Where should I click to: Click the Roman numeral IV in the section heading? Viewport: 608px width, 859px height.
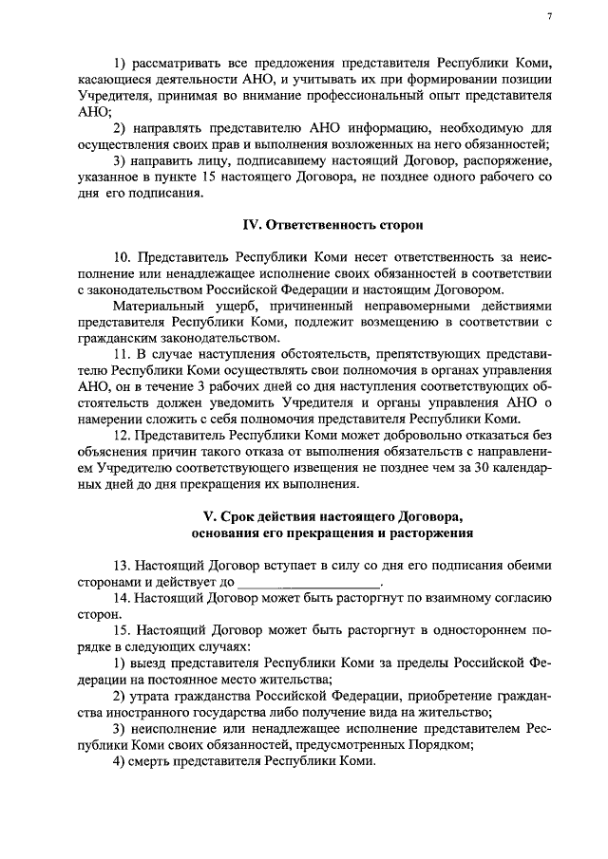[x=252, y=225]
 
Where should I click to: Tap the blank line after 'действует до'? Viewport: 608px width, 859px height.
[x=308, y=580]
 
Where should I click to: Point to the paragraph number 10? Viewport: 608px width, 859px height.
[x=122, y=257]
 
